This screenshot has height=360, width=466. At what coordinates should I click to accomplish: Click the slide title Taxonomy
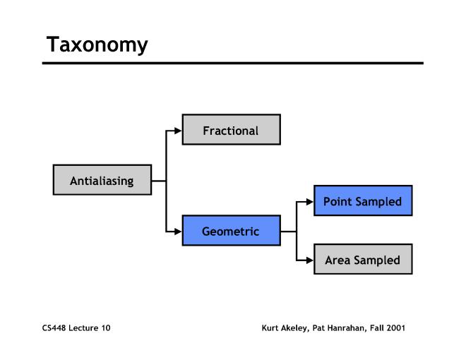coord(97,45)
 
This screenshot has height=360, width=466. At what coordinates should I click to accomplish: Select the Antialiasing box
coord(102,181)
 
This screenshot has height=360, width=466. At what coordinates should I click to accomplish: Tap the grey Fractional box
coord(231,131)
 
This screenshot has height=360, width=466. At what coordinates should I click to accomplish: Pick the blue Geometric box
coord(231,231)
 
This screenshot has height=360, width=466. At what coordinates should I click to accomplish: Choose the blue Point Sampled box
coord(362,201)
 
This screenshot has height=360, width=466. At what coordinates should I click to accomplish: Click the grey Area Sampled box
coord(362,260)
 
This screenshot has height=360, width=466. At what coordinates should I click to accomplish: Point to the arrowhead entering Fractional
coord(178,131)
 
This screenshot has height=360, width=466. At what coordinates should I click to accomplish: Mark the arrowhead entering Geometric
coord(178,231)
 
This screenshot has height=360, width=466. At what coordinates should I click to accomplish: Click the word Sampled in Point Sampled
coord(378,202)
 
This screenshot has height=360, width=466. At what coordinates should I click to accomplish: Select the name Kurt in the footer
coord(270,328)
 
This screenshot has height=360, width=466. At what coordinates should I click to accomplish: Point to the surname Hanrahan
coord(345,328)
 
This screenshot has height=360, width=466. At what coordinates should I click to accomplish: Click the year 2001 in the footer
coord(396,328)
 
